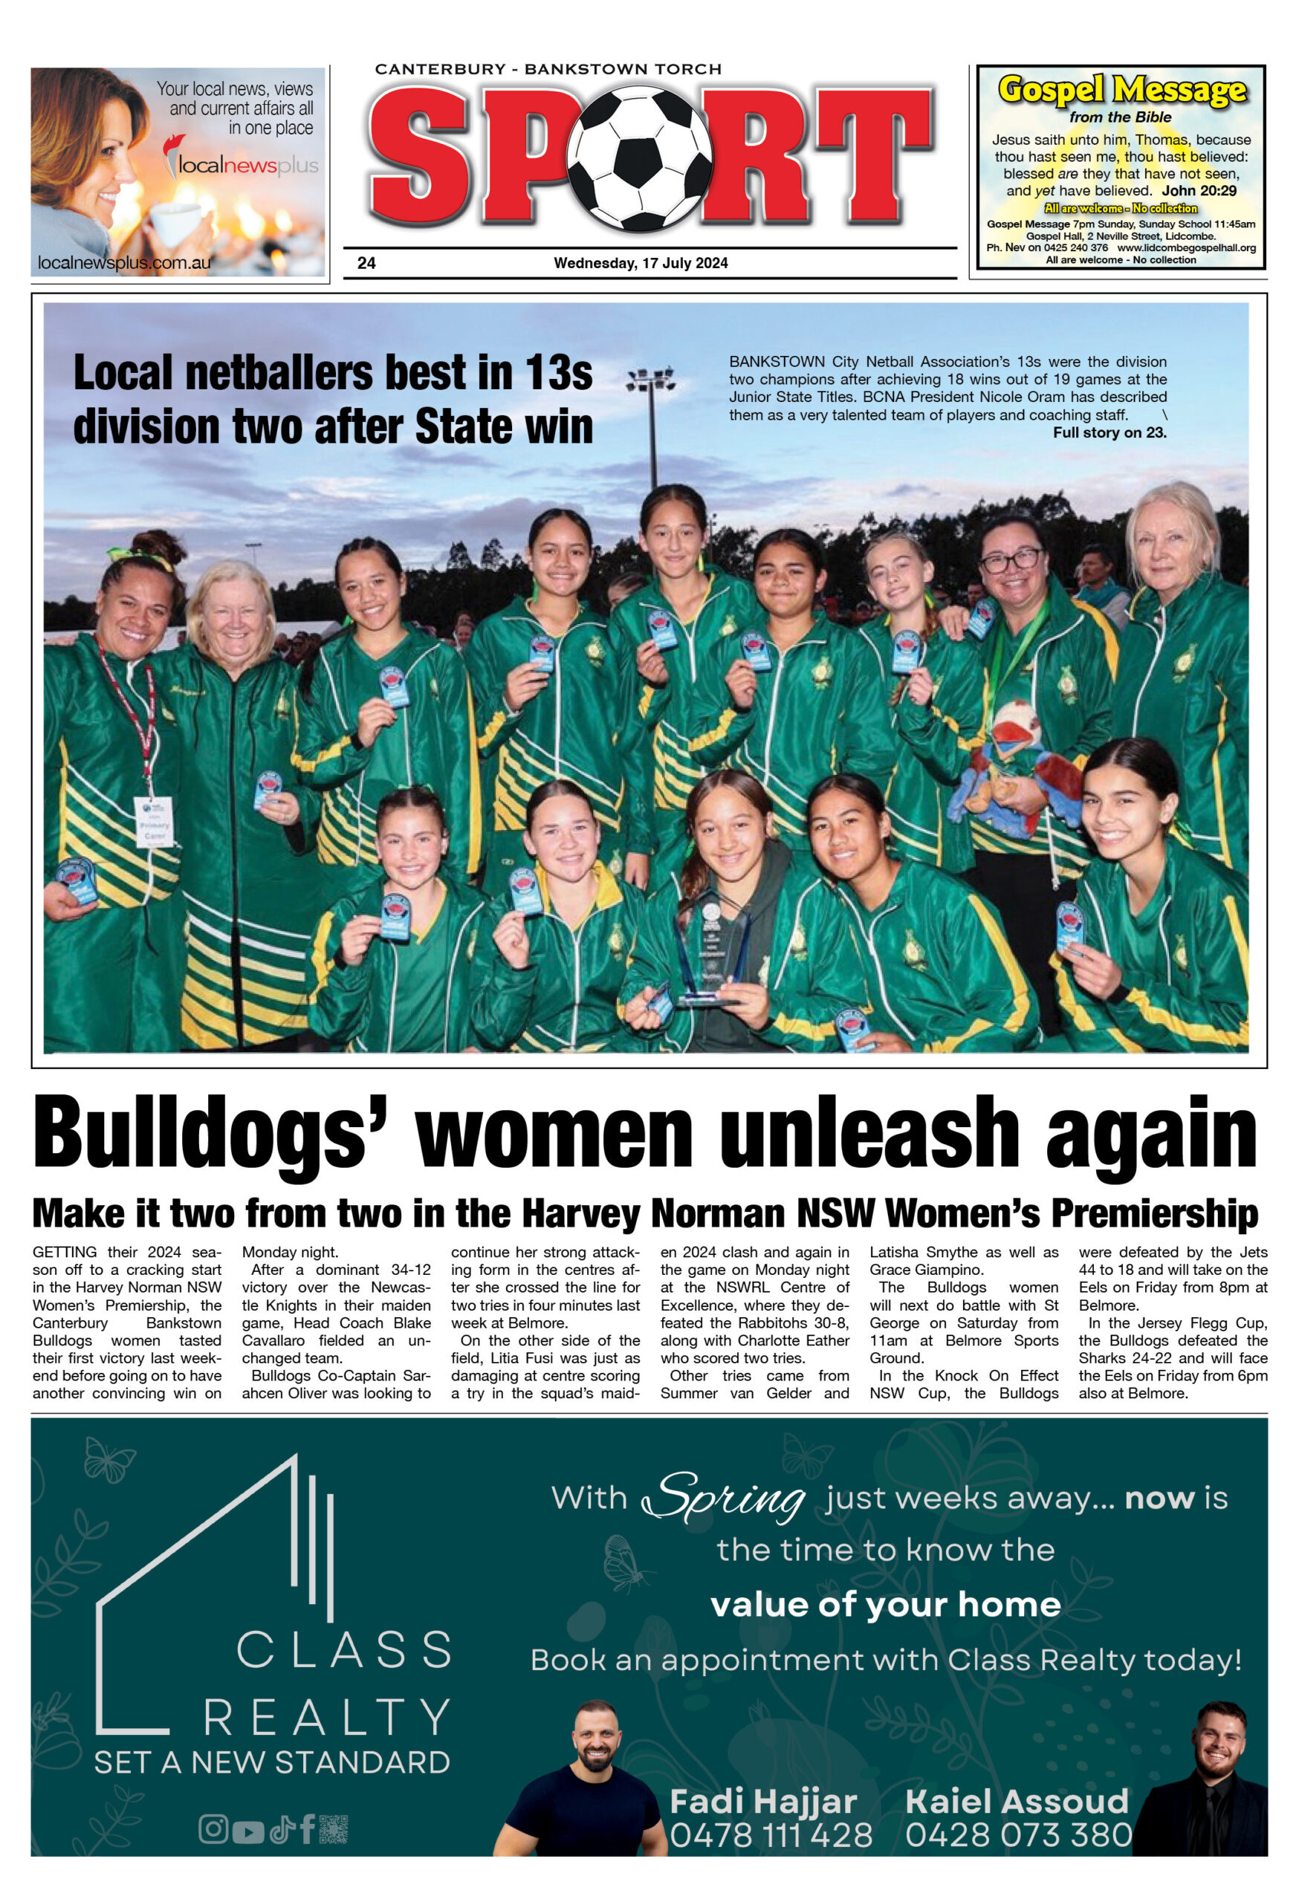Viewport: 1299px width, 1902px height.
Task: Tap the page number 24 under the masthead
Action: [366, 263]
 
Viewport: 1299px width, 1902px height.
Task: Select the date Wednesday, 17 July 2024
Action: [640, 263]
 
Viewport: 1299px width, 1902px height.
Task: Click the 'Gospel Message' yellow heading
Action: [1121, 89]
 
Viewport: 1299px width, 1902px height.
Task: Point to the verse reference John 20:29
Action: [1199, 191]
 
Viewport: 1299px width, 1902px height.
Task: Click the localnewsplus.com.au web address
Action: [123, 263]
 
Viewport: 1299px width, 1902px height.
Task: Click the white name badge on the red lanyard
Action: [153, 820]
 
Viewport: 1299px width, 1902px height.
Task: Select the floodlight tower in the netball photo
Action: [652, 426]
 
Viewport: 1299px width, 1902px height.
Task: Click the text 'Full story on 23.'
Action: [1109, 432]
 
